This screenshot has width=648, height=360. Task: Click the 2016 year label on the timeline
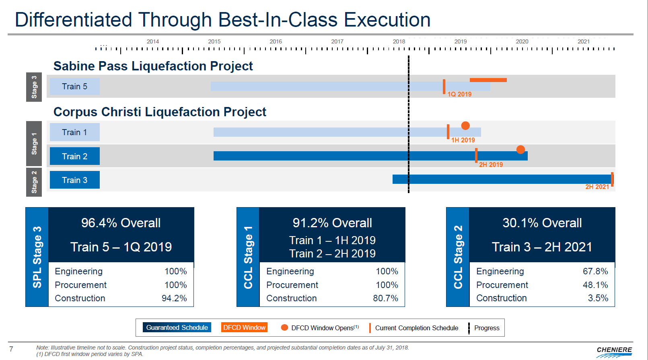tap(276, 41)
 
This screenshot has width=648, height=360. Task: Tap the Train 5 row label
tap(74, 86)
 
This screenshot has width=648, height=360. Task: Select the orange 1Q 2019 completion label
tap(459, 94)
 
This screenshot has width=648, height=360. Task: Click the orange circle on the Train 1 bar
tap(465, 125)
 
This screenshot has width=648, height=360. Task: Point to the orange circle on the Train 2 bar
tap(520, 150)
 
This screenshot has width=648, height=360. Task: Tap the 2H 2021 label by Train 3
tap(597, 187)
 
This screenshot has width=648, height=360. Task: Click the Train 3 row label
tap(74, 180)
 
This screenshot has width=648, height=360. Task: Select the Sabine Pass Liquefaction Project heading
tap(153, 66)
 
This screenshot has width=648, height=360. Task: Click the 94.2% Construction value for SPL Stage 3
tap(174, 298)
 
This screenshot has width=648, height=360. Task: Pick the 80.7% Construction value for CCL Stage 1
tap(385, 298)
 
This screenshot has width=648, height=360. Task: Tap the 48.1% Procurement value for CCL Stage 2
tap(595, 285)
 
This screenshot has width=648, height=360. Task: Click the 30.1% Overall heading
tap(542, 223)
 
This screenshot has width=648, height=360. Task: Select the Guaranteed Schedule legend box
tap(177, 327)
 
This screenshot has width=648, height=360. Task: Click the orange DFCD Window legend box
tap(244, 327)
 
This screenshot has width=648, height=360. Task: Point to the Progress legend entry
tap(486, 328)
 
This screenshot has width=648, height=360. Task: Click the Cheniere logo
tap(614, 351)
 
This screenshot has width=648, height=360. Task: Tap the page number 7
tap(11, 349)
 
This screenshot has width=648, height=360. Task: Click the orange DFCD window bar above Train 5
tap(488, 80)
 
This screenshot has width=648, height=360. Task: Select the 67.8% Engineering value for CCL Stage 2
tap(595, 272)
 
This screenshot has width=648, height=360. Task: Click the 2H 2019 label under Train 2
tap(491, 165)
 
